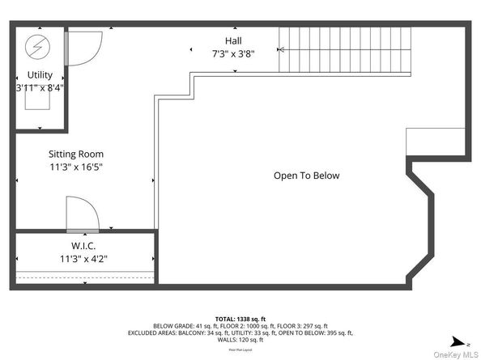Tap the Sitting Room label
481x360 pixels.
(75, 154)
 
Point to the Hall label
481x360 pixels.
(233, 40)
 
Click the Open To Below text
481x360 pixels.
(306, 176)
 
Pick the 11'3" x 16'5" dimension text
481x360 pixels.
(75, 167)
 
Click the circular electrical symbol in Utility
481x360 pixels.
(39, 48)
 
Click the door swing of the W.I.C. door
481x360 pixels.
(83, 214)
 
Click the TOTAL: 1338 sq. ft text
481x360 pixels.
(240, 319)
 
